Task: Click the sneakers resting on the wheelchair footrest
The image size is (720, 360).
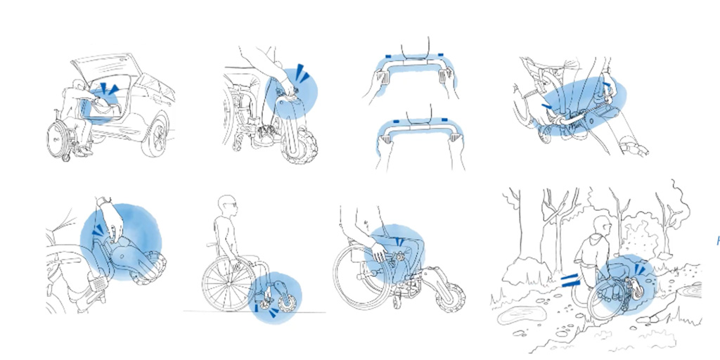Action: [264, 136]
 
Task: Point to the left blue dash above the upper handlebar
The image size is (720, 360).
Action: [388, 55]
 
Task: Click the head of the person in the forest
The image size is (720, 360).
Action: [600, 226]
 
